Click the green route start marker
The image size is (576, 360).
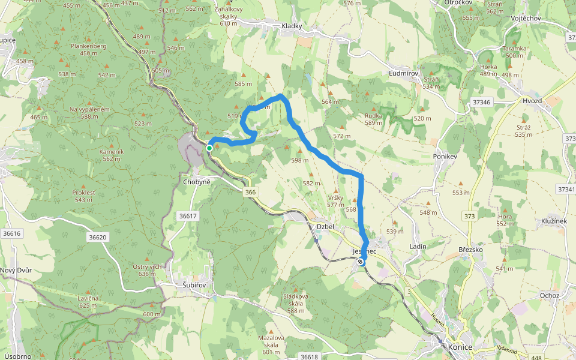tap(209, 148)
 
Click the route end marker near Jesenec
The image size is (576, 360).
tap(360, 262)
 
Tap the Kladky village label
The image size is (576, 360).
tap(292, 26)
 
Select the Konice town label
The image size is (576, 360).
tap(460, 347)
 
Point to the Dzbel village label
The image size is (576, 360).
tap(325, 226)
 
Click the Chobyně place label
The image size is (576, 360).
tap(196, 181)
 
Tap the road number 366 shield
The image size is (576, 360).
tap(251, 192)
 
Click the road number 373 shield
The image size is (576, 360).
tap(469, 216)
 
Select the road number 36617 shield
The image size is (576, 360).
tap(188, 215)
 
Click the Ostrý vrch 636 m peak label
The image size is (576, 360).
tap(148, 270)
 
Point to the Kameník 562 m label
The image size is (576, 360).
tap(112, 155)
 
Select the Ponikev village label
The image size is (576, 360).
tap(445, 156)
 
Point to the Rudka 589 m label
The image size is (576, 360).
tap(374, 119)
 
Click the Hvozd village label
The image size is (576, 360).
tap(532, 101)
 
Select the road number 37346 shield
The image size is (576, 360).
tap(481, 103)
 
